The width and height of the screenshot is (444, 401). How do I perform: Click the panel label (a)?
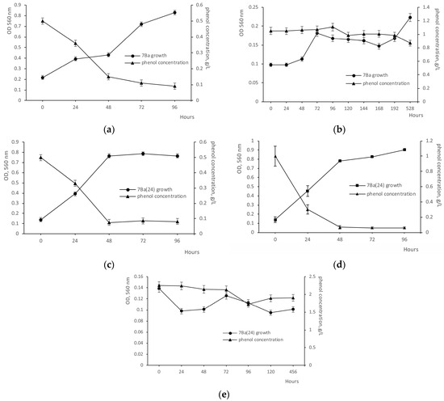point(108,128)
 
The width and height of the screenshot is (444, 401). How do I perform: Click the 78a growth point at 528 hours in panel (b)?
point(410,18)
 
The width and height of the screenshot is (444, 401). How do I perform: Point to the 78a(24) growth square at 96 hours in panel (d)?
point(404,150)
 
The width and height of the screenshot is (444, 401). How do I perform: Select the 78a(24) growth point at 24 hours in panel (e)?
point(182,311)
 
